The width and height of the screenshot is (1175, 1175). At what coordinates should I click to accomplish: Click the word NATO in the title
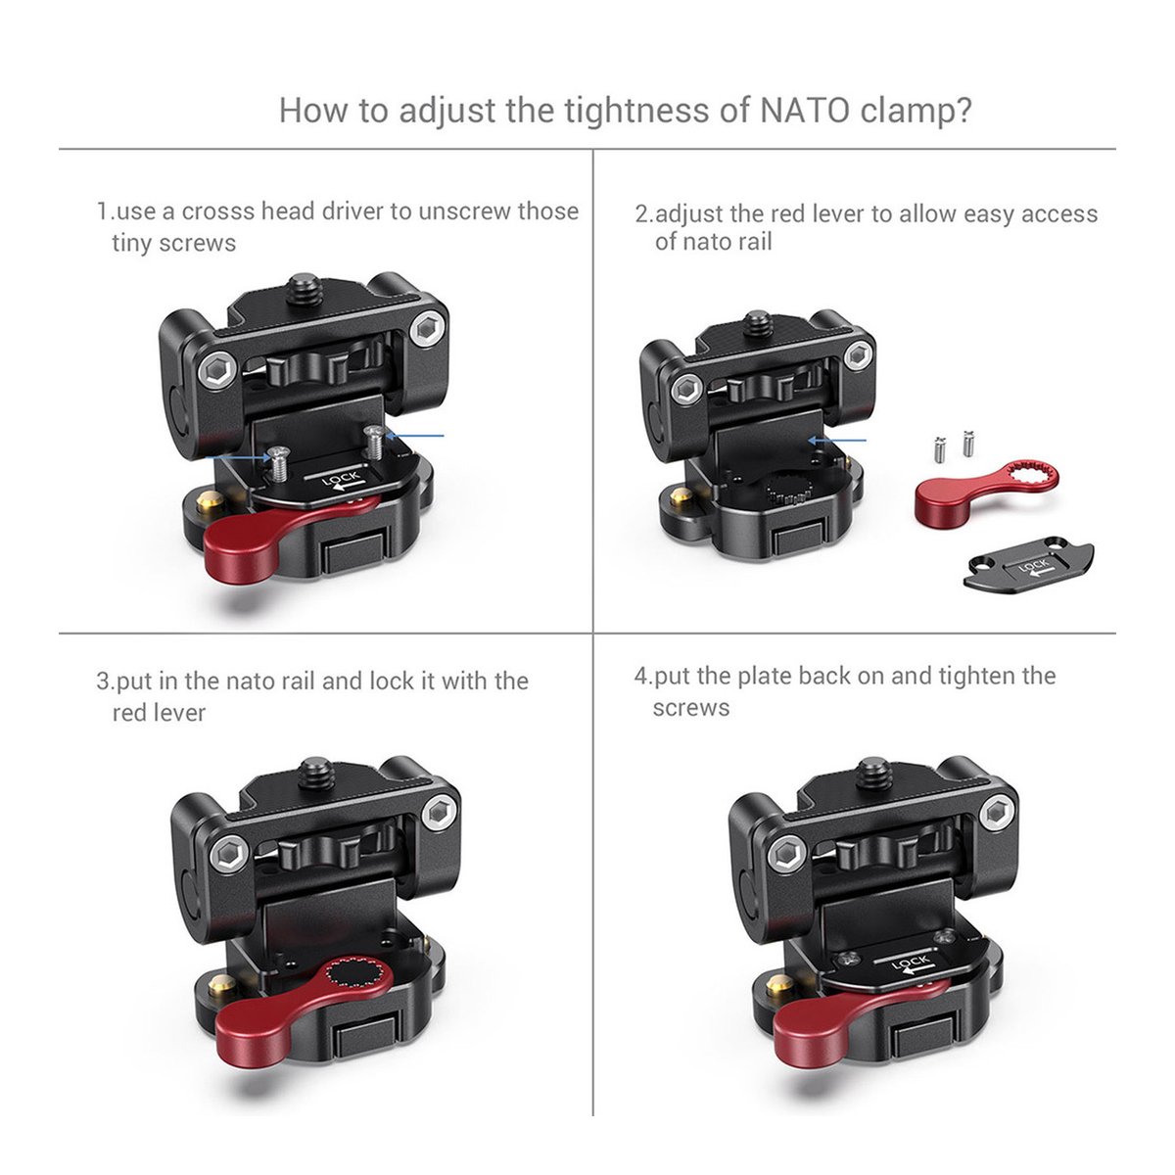(x=805, y=111)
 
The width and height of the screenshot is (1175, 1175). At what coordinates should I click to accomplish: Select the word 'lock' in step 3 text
(x=392, y=681)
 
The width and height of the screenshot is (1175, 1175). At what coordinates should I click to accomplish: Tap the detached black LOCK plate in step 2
(x=1029, y=563)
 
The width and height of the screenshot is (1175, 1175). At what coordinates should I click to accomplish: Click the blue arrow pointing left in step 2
(x=836, y=440)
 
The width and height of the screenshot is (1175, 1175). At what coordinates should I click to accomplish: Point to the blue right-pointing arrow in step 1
(x=238, y=456)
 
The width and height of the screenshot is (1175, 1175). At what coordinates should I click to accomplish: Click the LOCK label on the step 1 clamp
(x=342, y=480)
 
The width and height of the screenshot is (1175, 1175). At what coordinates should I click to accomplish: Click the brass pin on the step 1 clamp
(x=206, y=502)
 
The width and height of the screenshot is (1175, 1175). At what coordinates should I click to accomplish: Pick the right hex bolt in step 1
(x=425, y=330)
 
